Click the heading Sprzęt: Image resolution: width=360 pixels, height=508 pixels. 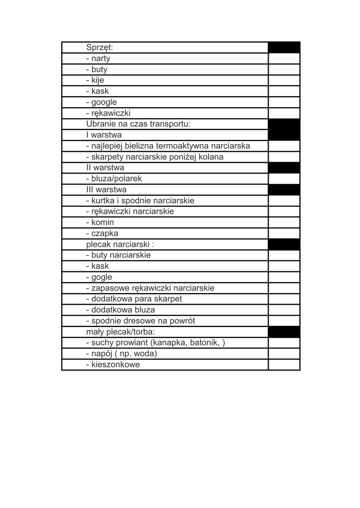click(100, 48)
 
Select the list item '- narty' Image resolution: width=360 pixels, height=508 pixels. click(98, 59)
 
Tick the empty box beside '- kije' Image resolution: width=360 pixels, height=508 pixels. click(284, 80)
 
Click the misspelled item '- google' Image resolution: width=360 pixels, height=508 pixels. click(102, 102)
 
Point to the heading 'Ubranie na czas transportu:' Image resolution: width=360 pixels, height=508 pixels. click(138, 124)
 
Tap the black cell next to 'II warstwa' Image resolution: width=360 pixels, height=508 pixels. click(284, 168)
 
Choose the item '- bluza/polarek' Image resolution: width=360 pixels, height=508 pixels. click(114, 179)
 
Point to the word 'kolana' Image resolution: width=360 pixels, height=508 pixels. click(211, 157)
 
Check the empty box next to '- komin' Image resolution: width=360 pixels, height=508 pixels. click(284, 222)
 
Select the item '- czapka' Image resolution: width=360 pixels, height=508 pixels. click(102, 233)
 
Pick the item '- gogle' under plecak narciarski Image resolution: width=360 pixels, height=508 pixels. click(99, 277)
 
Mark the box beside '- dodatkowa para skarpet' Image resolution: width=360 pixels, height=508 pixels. click(284, 299)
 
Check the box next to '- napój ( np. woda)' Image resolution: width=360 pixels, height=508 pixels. click(284, 353)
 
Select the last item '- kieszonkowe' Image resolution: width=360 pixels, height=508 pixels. click(113, 364)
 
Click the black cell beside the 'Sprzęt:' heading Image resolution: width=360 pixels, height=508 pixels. click(284, 48)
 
